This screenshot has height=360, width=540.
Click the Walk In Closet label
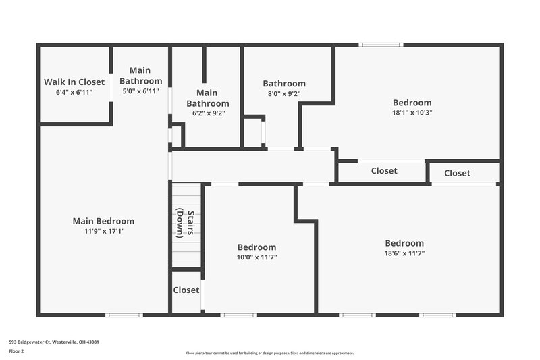(74, 82)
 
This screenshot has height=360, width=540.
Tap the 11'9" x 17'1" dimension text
(104, 231)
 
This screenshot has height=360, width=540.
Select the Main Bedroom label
(103, 221)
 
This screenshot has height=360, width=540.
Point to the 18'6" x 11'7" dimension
(404, 253)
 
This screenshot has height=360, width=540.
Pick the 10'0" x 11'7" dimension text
(256, 257)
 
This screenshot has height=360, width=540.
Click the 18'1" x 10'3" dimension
(412, 113)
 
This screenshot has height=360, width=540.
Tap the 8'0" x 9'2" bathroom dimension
(284, 94)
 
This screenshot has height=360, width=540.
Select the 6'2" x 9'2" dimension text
(207, 113)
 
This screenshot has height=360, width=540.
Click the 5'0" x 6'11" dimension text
(140, 91)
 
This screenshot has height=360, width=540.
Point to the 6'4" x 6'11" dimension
(74, 92)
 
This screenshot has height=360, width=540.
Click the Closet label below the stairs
(186, 290)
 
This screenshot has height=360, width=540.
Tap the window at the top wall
(381, 45)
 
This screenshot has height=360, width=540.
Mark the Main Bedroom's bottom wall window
(124, 315)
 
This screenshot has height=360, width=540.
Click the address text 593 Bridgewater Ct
(54, 342)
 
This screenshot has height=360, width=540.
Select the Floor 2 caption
(16, 351)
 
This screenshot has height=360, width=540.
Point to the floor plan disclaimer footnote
(269, 353)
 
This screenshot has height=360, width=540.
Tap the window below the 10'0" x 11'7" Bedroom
(238, 315)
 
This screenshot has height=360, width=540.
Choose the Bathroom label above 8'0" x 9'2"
(284, 84)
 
